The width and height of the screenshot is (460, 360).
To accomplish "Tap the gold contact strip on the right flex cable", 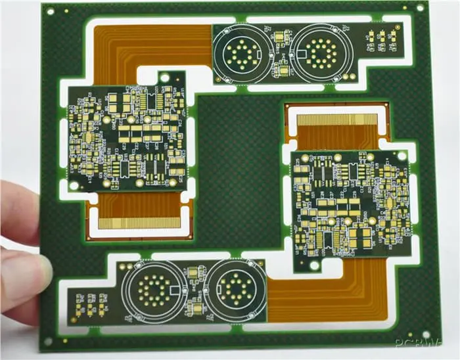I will pyautogui.click(x=338, y=120).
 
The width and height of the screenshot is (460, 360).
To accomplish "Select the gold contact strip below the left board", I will pyautogui.click(x=139, y=222).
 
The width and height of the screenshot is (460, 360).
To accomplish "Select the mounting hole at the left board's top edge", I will pyautogui.click(x=164, y=78).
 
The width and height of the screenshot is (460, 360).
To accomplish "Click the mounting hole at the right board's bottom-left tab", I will pyautogui.click(x=314, y=265).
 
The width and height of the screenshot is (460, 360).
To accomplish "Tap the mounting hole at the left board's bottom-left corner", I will pyautogui.click(x=74, y=185).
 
